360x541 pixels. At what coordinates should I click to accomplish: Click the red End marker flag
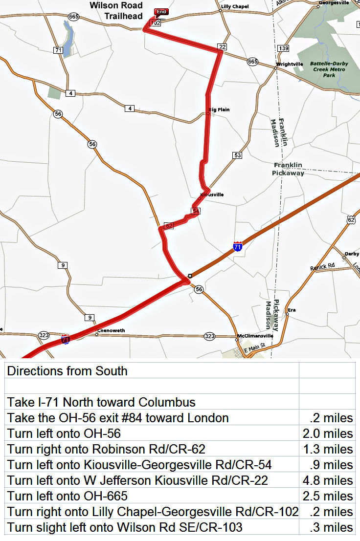click(x=160, y=12)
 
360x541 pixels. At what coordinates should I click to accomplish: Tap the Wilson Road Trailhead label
click(x=116, y=11)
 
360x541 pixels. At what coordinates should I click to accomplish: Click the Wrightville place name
click(x=291, y=64)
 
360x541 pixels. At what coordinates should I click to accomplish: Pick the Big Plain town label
click(x=219, y=109)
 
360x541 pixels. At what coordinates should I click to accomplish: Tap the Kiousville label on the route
click(x=212, y=195)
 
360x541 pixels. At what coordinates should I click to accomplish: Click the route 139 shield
click(x=283, y=48)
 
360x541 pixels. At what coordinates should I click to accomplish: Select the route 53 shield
click(x=237, y=155)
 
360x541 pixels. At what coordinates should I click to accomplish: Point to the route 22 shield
click(x=222, y=47)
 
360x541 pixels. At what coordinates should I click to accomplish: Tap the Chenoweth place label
click(x=112, y=331)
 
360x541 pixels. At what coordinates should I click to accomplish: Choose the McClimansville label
click(x=252, y=336)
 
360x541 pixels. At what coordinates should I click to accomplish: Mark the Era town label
click(x=292, y=310)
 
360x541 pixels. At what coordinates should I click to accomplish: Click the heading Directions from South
click(x=67, y=371)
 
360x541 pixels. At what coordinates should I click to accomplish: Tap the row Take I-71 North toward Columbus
click(x=101, y=402)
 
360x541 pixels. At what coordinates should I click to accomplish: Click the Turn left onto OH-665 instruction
click(x=67, y=496)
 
